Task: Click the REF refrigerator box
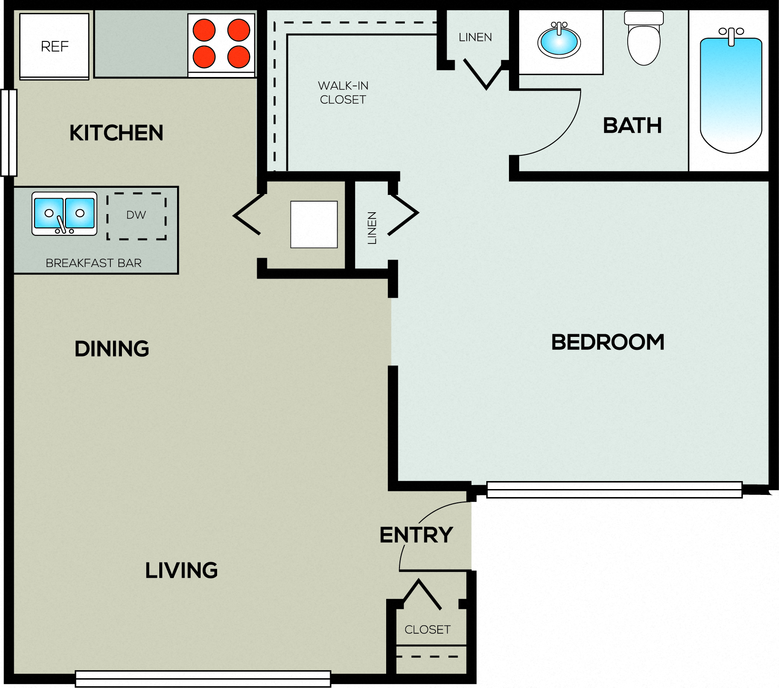pos(54,46)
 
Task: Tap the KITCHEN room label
pos(117,133)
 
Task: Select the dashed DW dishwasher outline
pos(137,216)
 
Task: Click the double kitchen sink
pos(65,214)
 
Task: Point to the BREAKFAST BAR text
pos(93,263)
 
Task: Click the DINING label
pos(112,348)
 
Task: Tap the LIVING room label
pos(182,570)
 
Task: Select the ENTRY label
pos(416,534)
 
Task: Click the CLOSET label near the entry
pos(428,629)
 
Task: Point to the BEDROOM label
pos(608,342)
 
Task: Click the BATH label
pos(632,125)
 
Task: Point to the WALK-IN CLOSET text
pos(343,93)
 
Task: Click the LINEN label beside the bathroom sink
pos(475,37)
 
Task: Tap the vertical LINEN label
pos(372,228)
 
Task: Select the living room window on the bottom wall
pos(203,679)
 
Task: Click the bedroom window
pos(614,490)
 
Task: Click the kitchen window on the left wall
pos(8,133)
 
